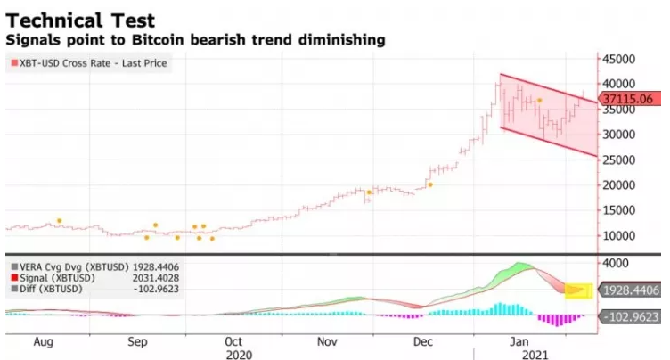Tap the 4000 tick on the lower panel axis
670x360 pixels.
point(617,264)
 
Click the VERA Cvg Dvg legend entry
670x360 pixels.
point(67,266)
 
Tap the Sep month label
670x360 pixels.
point(138,341)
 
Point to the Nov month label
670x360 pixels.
point(329,341)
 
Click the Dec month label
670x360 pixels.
point(423,341)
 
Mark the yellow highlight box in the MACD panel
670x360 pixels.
point(579,290)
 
